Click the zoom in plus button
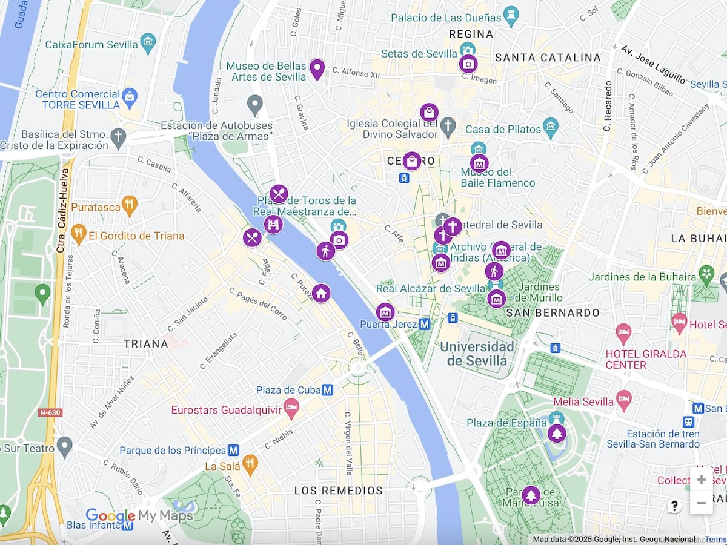point(701,480)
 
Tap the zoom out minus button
point(701,503)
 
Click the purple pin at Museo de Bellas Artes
point(317,69)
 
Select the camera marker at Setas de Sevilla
point(468,64)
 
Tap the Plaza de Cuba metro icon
point(328,390)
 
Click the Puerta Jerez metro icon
point(425,324)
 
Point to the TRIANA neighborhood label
point(146,344)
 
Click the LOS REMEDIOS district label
point(339,490)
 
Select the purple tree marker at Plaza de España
point(556,434)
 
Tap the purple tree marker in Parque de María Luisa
point(531,495)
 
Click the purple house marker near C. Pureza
point(321,293)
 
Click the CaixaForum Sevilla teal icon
point(148,42)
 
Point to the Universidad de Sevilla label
point(477,354)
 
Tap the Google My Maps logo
point(139,516)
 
